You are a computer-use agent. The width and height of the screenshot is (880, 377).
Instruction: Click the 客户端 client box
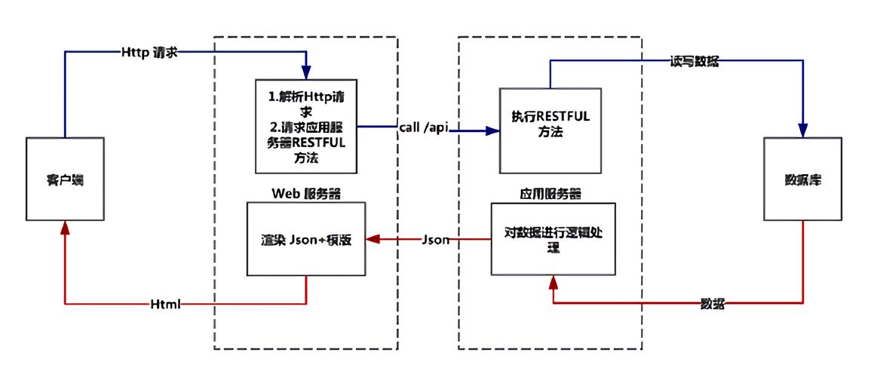click(x=64, y=179)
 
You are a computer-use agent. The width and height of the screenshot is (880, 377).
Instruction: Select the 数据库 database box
click(x=802, y=179)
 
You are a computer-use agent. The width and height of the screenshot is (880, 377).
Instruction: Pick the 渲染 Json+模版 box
click(x=306, y=240)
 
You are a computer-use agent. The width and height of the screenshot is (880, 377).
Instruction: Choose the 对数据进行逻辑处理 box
click(x=553, y=239)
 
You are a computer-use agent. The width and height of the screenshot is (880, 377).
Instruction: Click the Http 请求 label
click(x=149, y=52)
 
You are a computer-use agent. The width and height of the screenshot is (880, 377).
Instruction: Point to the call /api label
click(x=424, y=127)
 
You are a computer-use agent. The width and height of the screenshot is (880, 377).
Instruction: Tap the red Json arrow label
click(x=435, y=240)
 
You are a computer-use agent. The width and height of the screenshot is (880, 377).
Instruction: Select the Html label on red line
click(x=165, y=304)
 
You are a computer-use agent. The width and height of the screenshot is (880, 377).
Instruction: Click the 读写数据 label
click(x=694, y=62)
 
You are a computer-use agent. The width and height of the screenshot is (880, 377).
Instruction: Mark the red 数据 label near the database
click(x=713, y=303)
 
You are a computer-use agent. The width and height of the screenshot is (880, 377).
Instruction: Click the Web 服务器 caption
click(x=306, y=193)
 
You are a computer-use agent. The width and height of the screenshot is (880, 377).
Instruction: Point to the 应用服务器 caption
click(x=551, y=193)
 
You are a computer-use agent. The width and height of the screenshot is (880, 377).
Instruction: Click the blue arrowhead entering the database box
click(x=802, y=130)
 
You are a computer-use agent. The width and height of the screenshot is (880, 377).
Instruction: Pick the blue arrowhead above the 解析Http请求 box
click(x=306, y=72)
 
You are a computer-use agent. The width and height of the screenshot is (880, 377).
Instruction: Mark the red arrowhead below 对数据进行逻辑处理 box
click(x=553, y=282)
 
